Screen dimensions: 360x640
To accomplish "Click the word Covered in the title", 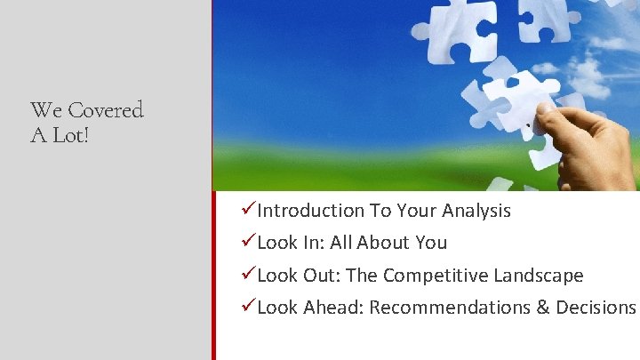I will pos(106,110).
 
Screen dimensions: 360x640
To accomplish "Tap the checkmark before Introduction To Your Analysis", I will pos(249,210).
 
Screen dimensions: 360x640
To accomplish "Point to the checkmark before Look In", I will pos(249,242).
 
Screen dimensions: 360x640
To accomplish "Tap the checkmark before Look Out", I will pos(249,275).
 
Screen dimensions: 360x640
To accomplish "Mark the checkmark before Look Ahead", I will pos(249,307).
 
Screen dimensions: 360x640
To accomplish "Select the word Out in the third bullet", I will pos(318,276).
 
